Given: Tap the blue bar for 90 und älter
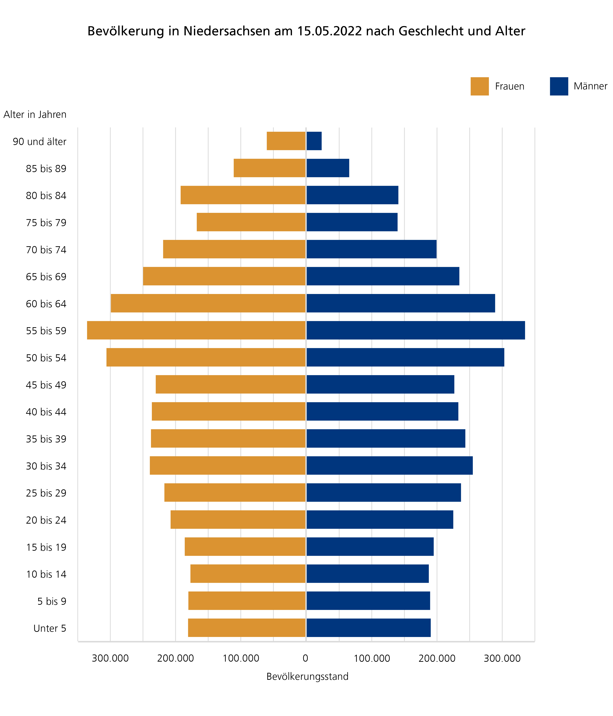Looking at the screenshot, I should tap(314, 141).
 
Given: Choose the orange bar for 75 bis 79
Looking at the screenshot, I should tap(251, 222).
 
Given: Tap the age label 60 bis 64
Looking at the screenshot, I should tap(46, 304).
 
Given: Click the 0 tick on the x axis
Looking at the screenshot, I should tap(305, 658).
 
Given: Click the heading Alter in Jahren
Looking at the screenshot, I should tap(35, 114).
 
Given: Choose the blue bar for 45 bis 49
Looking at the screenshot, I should tap(380, 384).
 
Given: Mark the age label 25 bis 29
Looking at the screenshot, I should tap(46, 493).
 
